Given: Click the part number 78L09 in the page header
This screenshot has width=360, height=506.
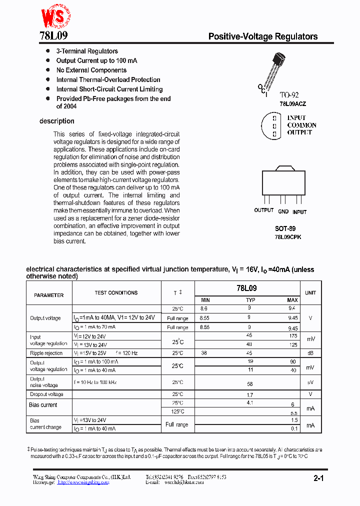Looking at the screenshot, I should pyautogui.click(x=53, y=36).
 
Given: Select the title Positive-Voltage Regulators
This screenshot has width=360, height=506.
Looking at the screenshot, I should pyautogui.click(x=262, y=36).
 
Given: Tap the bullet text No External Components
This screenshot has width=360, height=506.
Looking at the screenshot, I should pyautogui.click(x=91, y=70).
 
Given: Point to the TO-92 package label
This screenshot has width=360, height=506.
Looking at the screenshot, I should pyautogui.click(x=289, y=95).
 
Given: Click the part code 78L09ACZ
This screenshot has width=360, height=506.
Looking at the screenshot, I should pyautogui.click(x=292, y=104).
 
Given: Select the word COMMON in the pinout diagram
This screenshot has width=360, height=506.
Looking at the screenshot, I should pyautogui.click(x=301, y=125).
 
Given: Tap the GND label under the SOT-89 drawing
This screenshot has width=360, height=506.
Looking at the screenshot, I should pyautogui.click(x=283, y=212).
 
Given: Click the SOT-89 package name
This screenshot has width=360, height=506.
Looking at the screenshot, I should pyautogui.click(x=285, y=228).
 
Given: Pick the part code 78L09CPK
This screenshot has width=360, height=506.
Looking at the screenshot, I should pyautogui.click(x=287, y=237).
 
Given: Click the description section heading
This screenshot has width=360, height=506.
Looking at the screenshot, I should pyautogui.click(x=56, y=121).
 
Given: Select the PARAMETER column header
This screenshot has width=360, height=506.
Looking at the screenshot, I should pyautogui.click(x=49, y=295).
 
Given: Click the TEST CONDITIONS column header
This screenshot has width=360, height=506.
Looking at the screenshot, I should pyautogui.click(x=116, y=293).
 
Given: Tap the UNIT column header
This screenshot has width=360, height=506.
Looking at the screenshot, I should pyautogui.click(x=310, y=293).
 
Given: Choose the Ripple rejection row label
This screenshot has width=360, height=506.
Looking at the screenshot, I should pyautogui.click(x=46, y=353).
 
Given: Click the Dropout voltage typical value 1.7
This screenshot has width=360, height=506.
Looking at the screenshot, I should pyautogui.click(x=250, y=394).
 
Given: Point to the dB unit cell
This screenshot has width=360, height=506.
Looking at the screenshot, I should pyautogui.click(x=310, y=353).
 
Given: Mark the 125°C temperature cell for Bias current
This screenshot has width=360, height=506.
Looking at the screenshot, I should pyautogui.click(x=178, y=411).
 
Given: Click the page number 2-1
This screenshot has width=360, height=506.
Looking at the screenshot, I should pyautogui.click(x=319, y=478).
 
